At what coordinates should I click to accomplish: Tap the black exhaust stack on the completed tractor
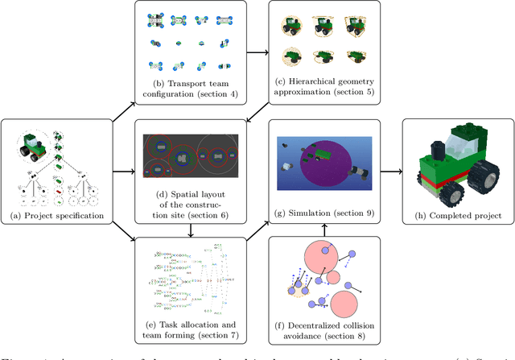[x=438, y=150]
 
